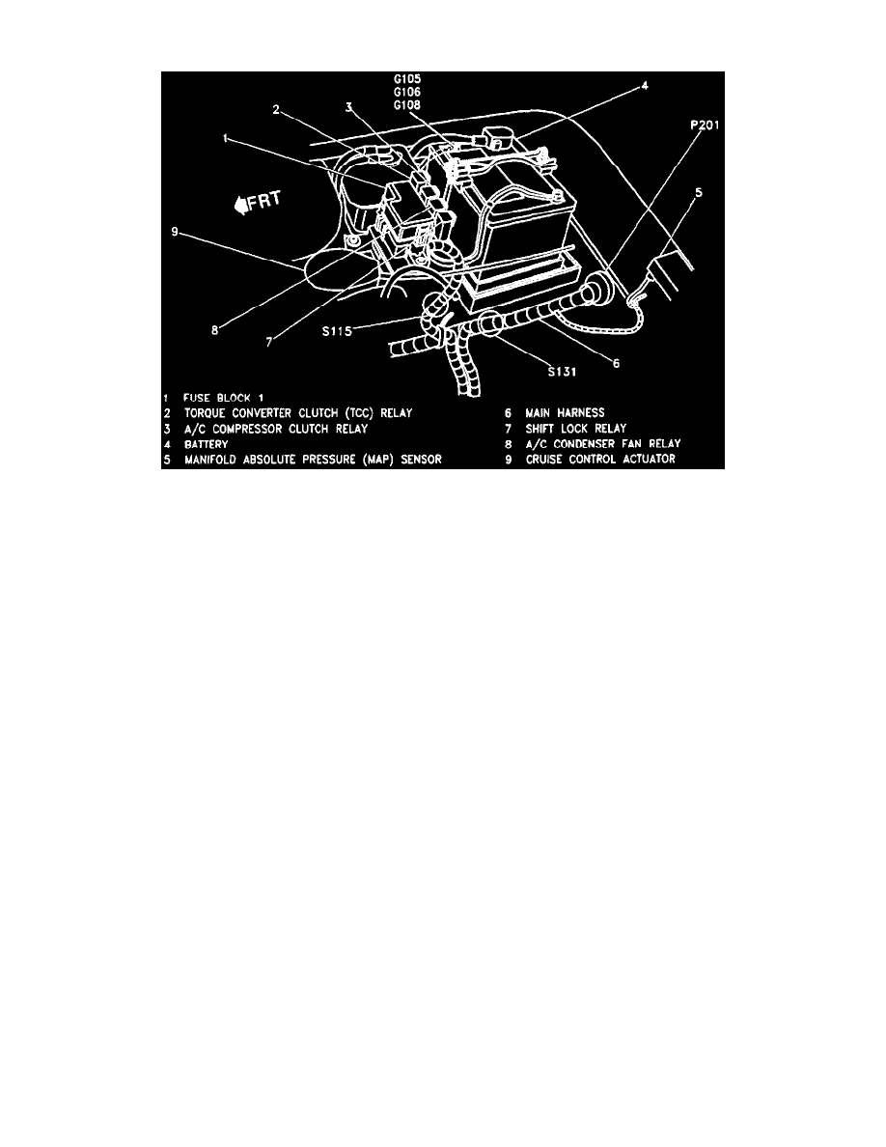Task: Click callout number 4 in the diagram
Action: point(646,86)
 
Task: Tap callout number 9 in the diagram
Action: point(174,231)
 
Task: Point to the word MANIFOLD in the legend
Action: point(215,459)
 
